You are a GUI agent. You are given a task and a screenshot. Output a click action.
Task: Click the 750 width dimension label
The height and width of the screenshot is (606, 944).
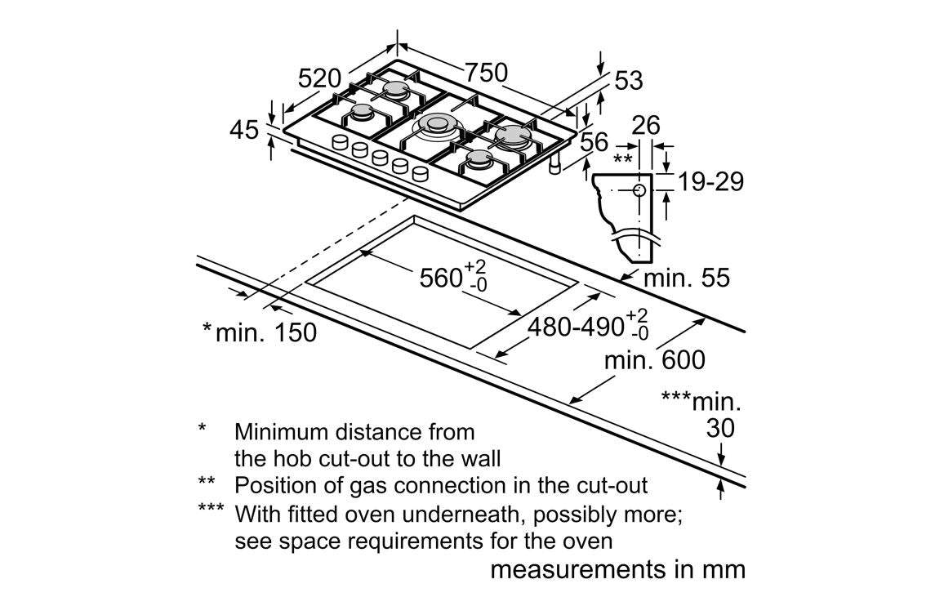pos(486,73)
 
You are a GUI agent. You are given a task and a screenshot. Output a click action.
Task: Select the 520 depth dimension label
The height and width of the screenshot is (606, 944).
pos(318,78)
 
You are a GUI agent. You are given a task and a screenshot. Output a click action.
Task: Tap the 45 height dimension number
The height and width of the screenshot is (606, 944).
pos(243,130)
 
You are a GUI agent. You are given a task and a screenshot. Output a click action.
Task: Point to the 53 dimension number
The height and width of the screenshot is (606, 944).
pos(628,81)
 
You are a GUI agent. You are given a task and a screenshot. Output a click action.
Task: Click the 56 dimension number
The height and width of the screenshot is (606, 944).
pos(594,142)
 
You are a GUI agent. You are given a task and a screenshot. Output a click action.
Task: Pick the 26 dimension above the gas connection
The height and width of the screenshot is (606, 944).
pos(646,125)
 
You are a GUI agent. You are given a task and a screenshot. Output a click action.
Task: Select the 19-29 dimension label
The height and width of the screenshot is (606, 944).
pos(711,181)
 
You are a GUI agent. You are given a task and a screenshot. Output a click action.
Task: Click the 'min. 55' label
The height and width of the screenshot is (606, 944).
pos(686,278)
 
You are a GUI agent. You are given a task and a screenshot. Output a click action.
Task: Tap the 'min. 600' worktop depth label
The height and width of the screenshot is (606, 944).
pos(654,359)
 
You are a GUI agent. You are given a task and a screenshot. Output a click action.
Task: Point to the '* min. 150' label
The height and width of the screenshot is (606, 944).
pos(259,332)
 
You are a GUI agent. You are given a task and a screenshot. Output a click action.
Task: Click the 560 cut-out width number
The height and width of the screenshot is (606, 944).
pos(441,278)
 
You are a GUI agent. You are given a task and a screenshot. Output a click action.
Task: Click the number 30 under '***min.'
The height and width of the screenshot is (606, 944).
pos(719,428)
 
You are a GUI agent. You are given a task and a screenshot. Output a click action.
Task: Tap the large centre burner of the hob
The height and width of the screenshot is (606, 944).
pos(434,125)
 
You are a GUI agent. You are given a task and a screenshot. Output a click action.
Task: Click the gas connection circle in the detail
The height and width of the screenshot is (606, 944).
pos(639,190)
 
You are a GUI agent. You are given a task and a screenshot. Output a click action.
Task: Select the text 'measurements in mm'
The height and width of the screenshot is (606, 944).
pos(617,569)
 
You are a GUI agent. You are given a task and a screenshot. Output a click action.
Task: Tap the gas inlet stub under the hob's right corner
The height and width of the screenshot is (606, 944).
pos(554,167)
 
